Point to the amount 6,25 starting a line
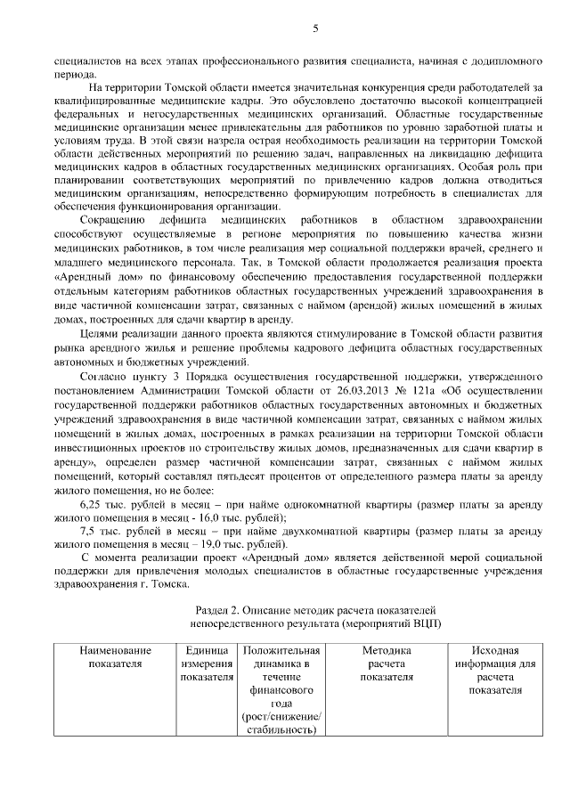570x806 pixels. [x=92, y=504]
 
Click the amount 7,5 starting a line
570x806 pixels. [x=88, y=530]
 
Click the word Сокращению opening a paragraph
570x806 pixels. [x=110, y=219]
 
